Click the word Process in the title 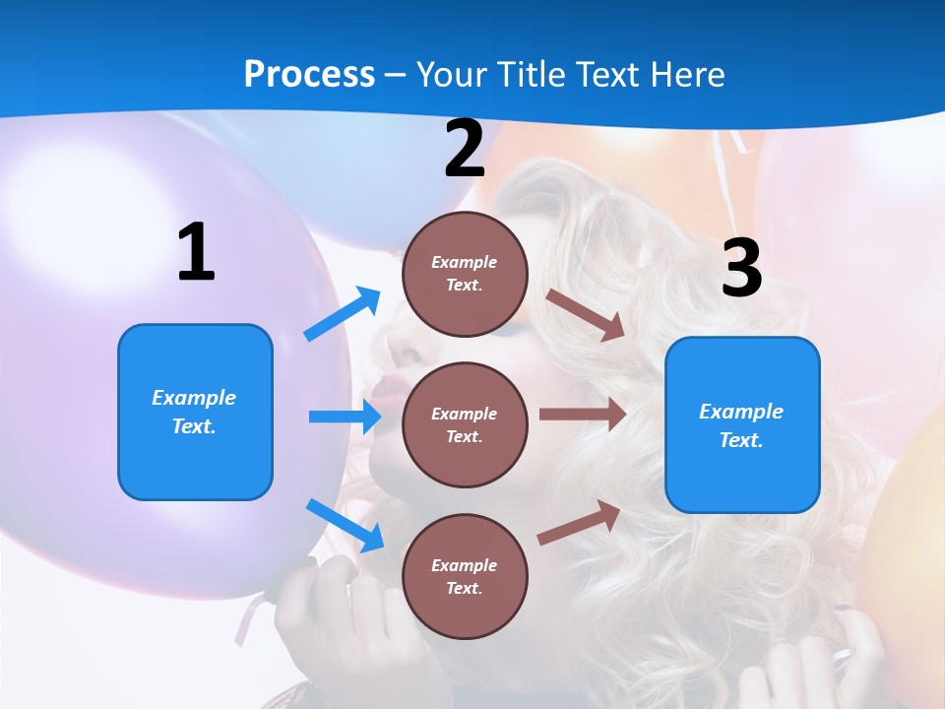pos(309,75)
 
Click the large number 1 pos(196,253)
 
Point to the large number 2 pos(465,150)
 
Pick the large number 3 pos(741,269)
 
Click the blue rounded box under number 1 pos(195,412)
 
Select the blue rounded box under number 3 pos(742,424)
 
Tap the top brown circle pos(465,274)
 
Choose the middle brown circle pos(465,424)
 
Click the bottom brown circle pos(465,576)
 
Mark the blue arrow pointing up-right pos(343,314)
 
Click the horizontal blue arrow pos(345,417)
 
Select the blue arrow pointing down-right pos(345,525)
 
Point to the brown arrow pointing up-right pos(579,522)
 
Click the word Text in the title pos(606,75)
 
